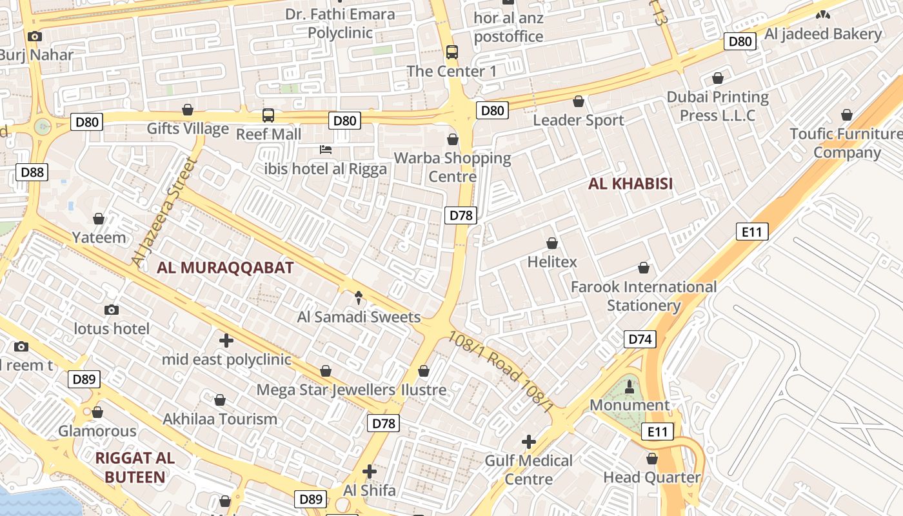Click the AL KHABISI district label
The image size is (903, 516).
(630, 184)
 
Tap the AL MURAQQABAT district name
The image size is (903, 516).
(225, 268)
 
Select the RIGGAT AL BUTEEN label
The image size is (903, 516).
(135, 468)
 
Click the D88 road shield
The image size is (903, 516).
(32, 172)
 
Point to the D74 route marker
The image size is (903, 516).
(640, 339)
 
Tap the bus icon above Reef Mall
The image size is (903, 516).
(268, 115)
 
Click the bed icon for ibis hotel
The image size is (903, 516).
(326, 150)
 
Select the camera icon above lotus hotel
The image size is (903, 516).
(112, 310)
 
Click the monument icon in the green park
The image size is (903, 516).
(630, 387)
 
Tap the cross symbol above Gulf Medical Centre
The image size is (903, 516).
(529, 442)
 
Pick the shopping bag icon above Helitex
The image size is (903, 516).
(552, 243)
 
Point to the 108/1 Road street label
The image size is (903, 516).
(501, 371)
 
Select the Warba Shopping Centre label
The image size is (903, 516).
(452, 167)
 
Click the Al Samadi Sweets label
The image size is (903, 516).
(359, 317)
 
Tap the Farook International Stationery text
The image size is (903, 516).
(644, 296)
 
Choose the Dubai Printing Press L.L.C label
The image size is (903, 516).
(717, 106)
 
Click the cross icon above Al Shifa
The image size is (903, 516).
(369, 471)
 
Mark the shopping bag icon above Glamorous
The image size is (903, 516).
(97, 412)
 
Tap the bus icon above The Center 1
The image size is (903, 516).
(452, 52)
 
